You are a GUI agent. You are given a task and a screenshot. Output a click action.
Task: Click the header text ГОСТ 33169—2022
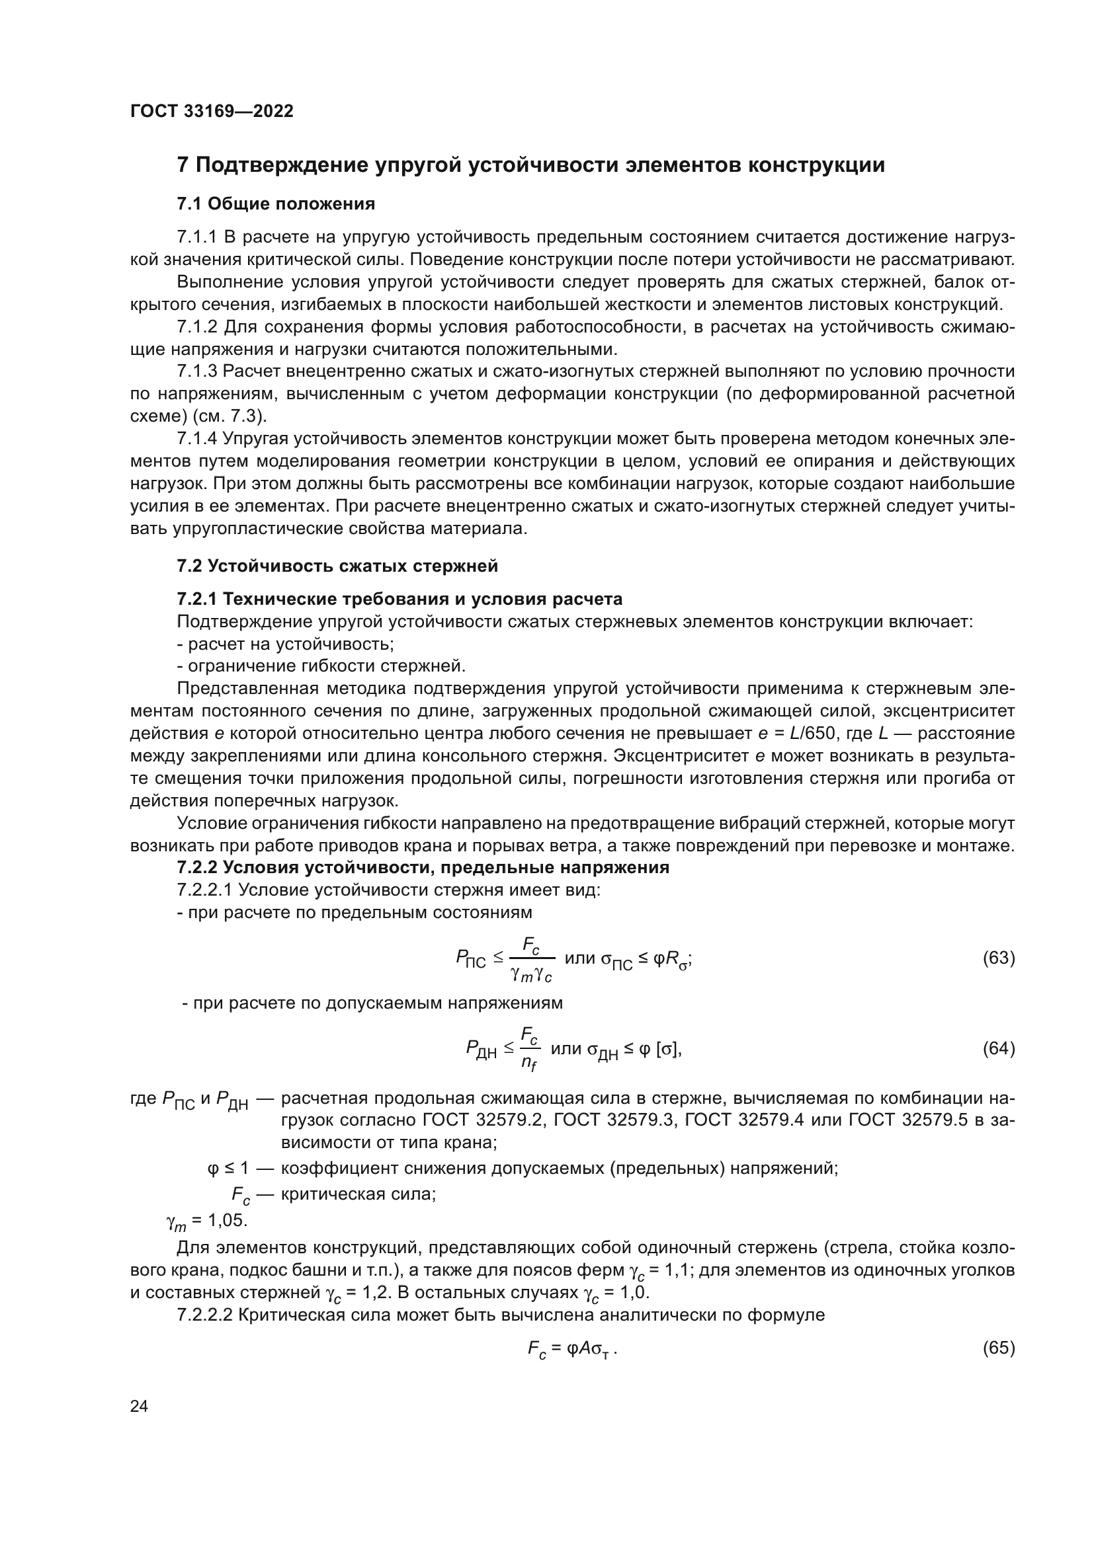click(212, 112)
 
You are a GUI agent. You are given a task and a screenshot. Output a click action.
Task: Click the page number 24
click(139, 1406)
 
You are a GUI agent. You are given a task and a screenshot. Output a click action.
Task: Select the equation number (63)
click(998, 958)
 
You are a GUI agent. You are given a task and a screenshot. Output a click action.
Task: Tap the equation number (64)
click(998, 1048)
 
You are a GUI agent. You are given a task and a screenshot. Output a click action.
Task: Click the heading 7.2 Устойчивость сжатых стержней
click(337, 566)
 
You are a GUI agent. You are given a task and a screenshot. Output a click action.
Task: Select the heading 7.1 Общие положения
click(276, 204)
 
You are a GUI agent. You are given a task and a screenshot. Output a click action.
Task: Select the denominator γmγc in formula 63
click(532, 973)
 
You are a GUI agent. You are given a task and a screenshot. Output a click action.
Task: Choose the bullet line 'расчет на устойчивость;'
click(285, 644)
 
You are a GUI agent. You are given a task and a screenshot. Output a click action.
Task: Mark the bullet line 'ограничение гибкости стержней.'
click(321, 667)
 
